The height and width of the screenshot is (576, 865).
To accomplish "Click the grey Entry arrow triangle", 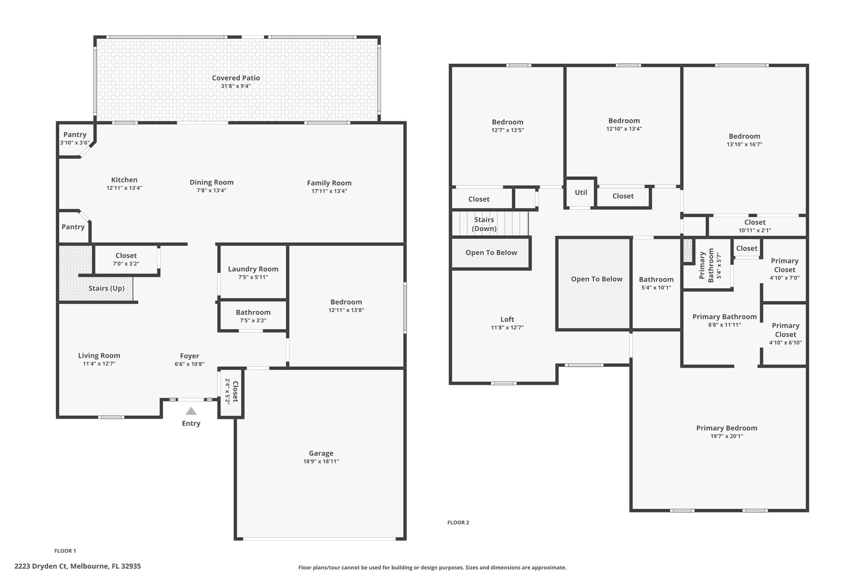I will tap(191, 411).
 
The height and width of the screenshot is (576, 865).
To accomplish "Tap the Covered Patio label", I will tap(236, 78).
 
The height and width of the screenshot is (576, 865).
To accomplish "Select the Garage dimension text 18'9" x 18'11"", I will tap(321, 461).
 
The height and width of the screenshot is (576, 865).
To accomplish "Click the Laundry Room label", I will tap(253, 269).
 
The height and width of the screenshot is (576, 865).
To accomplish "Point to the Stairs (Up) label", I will tap(106, 289).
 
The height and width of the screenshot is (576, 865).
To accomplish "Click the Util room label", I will tap(581, 192).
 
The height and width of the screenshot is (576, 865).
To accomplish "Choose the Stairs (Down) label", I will tap(484, 224).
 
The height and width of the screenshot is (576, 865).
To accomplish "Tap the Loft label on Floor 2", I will tap(507, 319).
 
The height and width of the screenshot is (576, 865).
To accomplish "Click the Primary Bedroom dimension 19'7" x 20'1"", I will tap(726, 436).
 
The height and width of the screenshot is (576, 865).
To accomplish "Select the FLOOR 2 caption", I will tap(458, 522).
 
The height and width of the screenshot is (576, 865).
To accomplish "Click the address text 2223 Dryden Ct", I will tap(41, 566).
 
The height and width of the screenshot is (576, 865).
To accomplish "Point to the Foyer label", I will tap(189, 356).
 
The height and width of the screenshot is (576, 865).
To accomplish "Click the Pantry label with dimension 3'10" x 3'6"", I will tap(75, 135).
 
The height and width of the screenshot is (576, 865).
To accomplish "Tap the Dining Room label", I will tap(211, 182).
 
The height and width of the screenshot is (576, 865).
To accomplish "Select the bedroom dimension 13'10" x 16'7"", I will tap(744, 144).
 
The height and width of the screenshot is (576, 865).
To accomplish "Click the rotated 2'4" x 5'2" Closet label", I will tap(231, 392).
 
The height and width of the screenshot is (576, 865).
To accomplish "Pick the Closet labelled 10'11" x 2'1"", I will tap(755, 222).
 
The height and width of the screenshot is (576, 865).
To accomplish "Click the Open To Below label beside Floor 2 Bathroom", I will tap(596, 279).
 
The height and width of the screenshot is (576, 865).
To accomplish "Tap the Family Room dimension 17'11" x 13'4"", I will tap(329, 191).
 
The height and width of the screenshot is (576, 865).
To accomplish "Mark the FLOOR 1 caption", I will tap(65, 551).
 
